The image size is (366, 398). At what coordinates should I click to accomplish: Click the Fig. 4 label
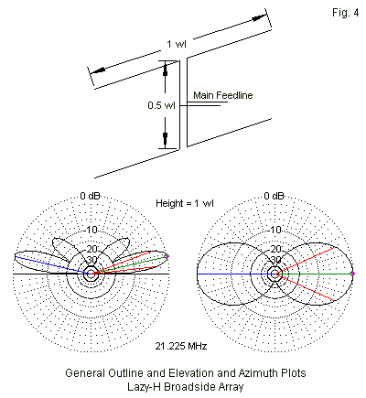[x=346, y=13]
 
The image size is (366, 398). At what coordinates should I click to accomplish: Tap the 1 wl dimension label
[x=177, y=44]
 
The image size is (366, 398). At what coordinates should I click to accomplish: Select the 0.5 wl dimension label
[x=161, y=105]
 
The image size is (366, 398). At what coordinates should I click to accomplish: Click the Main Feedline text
[x=223, y=95]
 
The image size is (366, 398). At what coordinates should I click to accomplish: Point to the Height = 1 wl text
[x=185, y=203]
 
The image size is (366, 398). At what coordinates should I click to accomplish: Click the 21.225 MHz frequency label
[x=181, y=346]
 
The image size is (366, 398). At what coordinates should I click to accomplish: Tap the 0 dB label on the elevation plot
[x=90, y=196]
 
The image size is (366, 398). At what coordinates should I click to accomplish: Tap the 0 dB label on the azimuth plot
[x=274, y=196]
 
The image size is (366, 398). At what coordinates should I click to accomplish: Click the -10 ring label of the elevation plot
[x=91, y=230]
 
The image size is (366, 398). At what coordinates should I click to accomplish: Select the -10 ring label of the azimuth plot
[x=274, y=230]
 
